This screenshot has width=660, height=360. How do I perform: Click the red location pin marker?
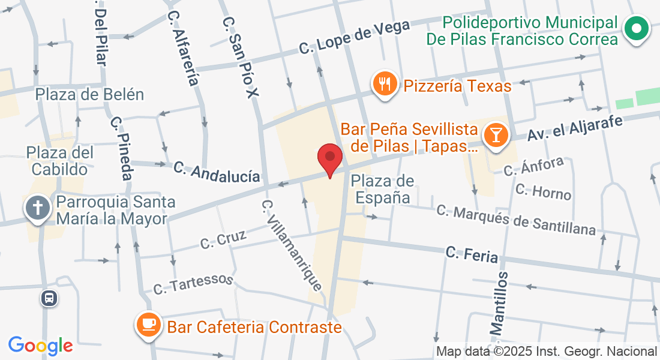[x=329, y=158]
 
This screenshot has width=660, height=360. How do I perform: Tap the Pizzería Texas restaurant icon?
[x=384, y=84]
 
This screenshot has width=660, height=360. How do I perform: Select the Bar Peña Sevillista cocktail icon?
[x=496, y=133]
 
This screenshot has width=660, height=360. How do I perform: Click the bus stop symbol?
[x=50, y=298]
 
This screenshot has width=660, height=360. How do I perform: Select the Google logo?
[x=40, y=345]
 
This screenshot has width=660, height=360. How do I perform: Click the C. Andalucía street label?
[x=217, y=172]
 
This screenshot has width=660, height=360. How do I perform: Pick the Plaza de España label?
[x=382, y=188]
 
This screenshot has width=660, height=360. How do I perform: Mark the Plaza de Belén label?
[x=90, y=94]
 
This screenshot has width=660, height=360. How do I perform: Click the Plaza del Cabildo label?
[x=61, y=161]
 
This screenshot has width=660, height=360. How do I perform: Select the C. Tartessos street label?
[x=193, y=284]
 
